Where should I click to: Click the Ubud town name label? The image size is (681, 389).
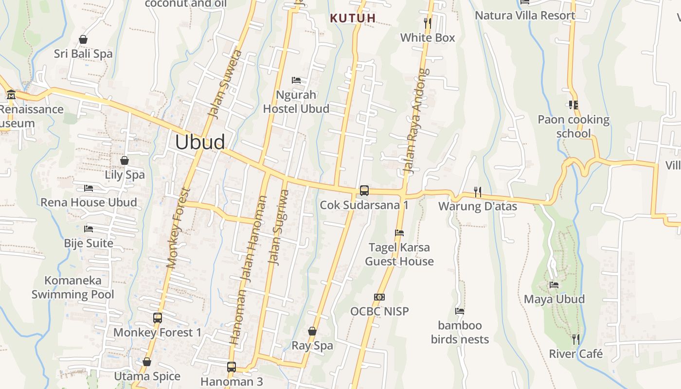tap(200, 142)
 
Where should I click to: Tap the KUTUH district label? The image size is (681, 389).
tap(353, 18)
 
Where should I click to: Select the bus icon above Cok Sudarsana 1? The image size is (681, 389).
tap(364, 190)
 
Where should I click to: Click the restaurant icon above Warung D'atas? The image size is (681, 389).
tap(478, 192)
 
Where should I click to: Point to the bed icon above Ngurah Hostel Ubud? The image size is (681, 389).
tap(296, 80)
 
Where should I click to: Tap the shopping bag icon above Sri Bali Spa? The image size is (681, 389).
tap(83, 39)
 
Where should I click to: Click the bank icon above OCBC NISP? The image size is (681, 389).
tap(379, 297)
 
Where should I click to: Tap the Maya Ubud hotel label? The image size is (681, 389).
tap(554, 299)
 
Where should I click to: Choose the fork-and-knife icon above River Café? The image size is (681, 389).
tap(575, 339)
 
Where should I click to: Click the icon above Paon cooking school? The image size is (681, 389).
tap(573, 105)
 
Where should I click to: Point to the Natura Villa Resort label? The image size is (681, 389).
tap(525, 16)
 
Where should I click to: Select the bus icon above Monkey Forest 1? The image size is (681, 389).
tap(157, 318)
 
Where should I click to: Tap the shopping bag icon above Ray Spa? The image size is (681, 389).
tap(312, 331)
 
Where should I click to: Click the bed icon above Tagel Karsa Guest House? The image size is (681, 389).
tap(399, 233)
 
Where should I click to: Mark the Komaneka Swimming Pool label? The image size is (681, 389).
tap(73, 287)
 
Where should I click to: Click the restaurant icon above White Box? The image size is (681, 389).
tap(427, 22)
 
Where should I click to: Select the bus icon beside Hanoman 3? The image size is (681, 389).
tap(232, 367)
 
